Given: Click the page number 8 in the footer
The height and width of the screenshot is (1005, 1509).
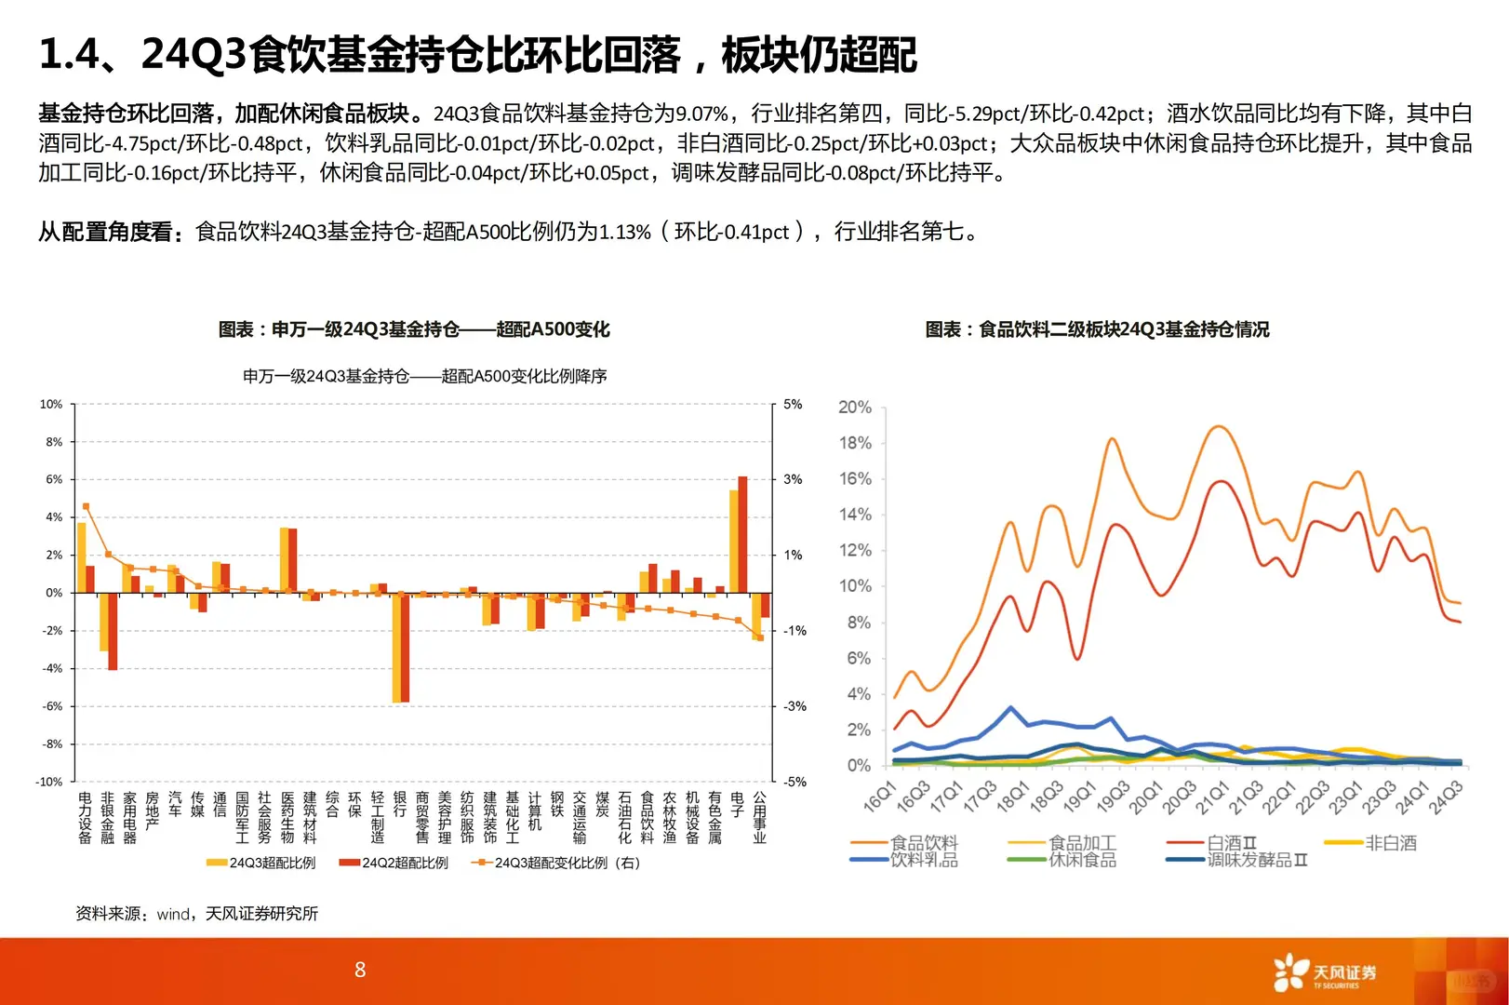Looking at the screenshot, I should point(360,970).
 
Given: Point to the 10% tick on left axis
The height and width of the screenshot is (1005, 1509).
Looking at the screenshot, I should point(50,404).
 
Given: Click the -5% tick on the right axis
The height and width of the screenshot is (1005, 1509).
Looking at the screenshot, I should point(794,782).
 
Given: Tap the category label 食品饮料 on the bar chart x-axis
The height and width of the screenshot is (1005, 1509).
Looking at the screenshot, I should point(648,817).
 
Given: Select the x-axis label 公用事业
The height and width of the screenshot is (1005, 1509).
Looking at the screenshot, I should point(760,817).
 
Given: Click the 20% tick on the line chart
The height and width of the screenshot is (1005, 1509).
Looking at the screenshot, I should point(854,408).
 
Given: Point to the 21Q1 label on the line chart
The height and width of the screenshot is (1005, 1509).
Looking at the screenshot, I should point(1212,797).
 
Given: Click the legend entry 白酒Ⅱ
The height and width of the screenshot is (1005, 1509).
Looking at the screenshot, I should point(1230,842).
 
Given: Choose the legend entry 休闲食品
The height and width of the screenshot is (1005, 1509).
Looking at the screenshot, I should point(1081,860).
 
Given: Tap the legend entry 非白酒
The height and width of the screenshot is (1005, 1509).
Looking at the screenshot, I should point(1390,842).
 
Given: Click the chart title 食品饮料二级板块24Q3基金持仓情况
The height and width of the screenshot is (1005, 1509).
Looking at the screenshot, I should point(1097,329).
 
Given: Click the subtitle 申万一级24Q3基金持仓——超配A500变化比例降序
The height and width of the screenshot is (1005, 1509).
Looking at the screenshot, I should point(424,376).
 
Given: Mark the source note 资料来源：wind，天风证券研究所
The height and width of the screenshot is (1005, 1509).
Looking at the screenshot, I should point(196,914).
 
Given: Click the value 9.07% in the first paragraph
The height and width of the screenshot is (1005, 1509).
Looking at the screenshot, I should point(701,114).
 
